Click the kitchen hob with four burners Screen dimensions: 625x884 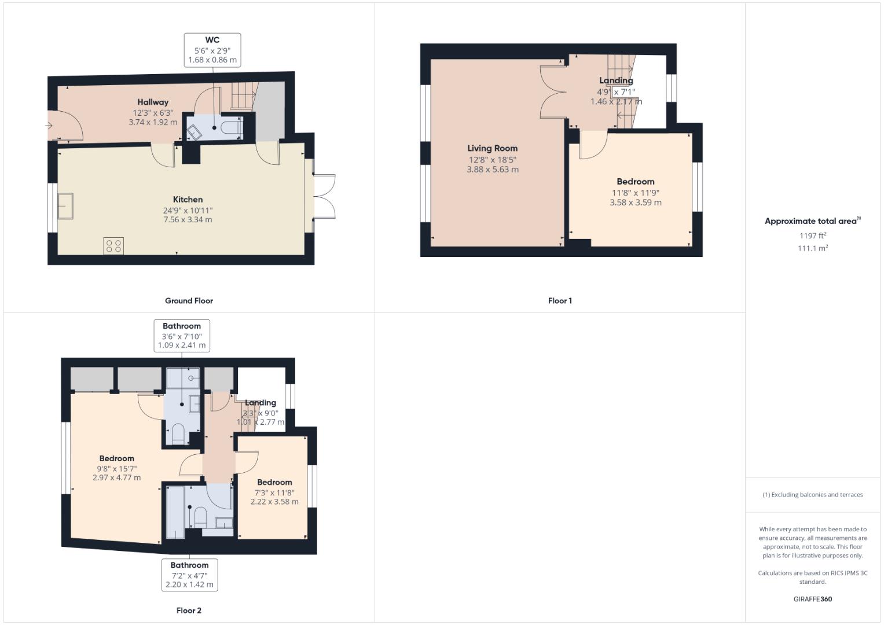pos(113,246)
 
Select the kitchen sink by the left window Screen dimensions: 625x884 pos(65,206)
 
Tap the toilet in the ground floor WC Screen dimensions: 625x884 pos(232,127)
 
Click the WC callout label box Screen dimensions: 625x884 pos(212,50)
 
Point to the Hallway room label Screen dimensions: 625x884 pos(153,102)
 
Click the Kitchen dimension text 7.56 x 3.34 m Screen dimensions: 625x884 pos(188,220)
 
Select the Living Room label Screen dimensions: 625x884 pos(492,148)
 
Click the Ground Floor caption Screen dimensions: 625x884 pos(189,301)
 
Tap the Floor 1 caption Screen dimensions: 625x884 pos(560,301)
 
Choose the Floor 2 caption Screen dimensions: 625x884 pos(189,611)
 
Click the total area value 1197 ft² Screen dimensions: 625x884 pos(813,236)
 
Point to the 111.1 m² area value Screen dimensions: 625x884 pos(813,248)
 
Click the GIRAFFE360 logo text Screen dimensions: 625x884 pos(813,599)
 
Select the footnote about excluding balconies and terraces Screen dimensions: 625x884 pos(813,495)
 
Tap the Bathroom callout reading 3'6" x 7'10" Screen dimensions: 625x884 pos(182,336)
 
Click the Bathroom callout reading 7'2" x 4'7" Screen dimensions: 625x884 pos(189,575)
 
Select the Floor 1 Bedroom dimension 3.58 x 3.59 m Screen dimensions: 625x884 pos(635,203)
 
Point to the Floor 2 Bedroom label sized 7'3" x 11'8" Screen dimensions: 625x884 pos(274,482)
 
